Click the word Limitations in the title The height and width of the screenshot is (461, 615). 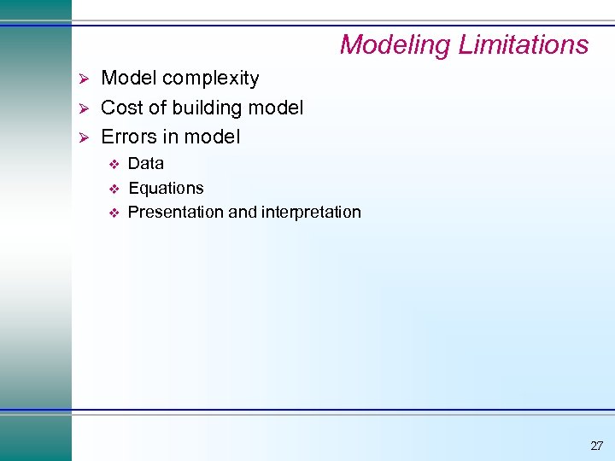524,44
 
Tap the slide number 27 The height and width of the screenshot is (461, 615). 596,446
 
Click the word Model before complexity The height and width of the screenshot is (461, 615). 129,79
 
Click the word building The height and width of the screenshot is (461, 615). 205,108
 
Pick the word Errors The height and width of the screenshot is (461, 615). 128,137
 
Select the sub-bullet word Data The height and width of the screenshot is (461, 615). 145,163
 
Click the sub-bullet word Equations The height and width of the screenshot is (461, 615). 166,188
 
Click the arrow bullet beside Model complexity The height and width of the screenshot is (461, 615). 83,79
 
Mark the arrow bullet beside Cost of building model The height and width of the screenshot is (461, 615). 83,108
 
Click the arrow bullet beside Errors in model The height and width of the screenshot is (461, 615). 83,137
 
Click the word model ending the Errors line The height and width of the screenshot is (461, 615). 214,137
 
